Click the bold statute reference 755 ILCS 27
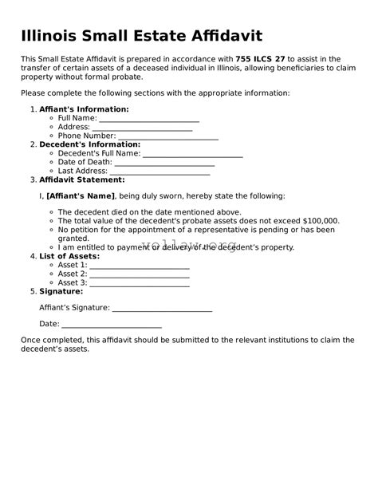coord(261,58)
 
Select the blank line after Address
coord(142,128)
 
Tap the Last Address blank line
coord(160,171)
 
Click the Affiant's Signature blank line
coord(162,308)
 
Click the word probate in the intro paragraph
coord(122,77)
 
